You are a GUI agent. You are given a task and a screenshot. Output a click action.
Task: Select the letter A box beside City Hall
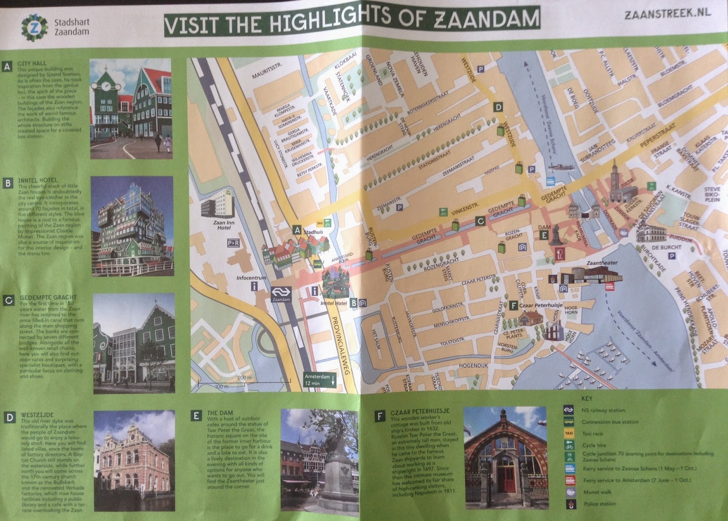7,67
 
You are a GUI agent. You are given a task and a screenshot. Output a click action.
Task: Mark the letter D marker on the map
499,107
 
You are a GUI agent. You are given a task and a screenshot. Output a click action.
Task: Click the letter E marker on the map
543,235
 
